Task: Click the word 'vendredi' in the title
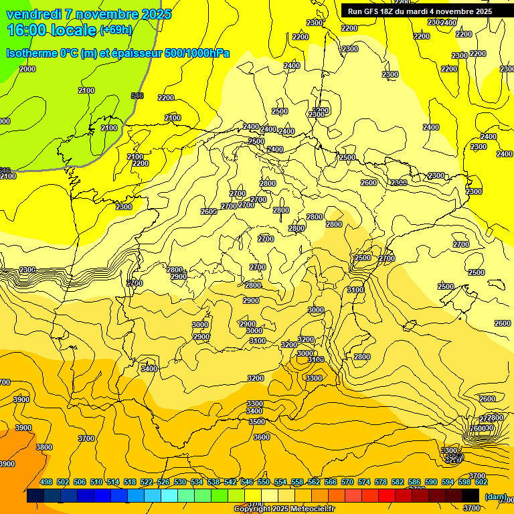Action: [31, 14]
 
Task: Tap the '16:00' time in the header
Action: [28, 29]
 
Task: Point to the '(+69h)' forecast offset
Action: [115, 30]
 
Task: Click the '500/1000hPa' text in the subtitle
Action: [198, 53]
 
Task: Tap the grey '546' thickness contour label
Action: [137, 96]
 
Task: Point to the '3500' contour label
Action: [256, 422]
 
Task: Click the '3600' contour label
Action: [261, 437]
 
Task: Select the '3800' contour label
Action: [44, 447]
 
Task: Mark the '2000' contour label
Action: [27, 69]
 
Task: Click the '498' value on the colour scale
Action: [46, 482]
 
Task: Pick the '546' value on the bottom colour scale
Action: [247, 482]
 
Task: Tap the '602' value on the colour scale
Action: [481, 482]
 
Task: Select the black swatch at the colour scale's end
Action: [470, 496]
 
